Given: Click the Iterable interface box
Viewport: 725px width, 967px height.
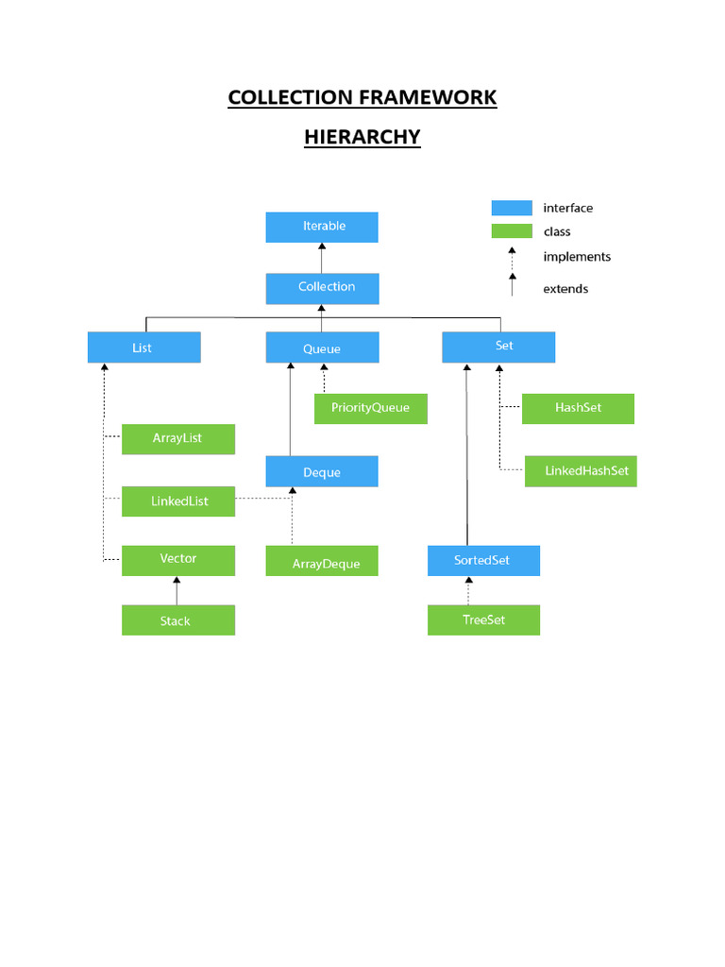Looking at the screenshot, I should point(322,227).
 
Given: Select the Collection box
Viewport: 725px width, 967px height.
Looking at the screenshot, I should point(322,288).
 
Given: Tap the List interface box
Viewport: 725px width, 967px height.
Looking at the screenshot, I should point(143,348).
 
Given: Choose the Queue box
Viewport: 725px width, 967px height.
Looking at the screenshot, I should point(322,348).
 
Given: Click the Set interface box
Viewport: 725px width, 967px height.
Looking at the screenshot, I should point(498,347).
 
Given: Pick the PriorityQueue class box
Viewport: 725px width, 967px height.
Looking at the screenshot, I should point(370,408).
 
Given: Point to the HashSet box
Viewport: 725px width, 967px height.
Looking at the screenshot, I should point(578,408).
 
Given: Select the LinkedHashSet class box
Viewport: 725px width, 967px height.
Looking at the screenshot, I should point(581,471).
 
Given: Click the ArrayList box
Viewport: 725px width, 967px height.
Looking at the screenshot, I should point(177,439).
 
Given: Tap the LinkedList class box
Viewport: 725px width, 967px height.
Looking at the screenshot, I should point(177,501).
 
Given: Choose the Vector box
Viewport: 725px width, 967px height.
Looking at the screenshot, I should point(177,560).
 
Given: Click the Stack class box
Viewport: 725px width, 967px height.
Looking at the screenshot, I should point(177,620).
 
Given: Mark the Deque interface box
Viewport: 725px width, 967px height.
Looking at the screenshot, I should point(322,472).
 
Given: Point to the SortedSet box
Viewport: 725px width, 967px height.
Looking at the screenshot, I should point(483,561).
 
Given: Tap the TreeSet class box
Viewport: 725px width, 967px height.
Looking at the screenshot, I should point(483,620).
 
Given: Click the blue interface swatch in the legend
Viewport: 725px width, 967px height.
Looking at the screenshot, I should point(512,208).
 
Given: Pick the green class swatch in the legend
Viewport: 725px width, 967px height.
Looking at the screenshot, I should point(512,231).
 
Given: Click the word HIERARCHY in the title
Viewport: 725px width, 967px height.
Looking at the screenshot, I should point(362,137).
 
